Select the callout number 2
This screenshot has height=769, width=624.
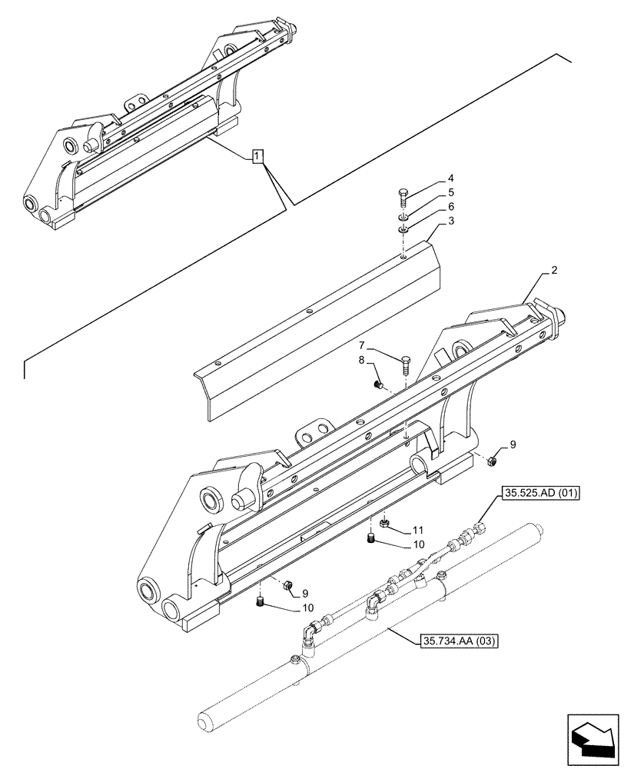click(x=554, y=272)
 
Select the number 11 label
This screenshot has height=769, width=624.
click(x=418, y=530)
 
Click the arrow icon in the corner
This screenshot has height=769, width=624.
click(x=591, y=739)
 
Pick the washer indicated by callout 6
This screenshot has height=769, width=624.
click(x=403, y=228)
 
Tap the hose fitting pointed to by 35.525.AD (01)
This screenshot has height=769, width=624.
click(x=482, y=528)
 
